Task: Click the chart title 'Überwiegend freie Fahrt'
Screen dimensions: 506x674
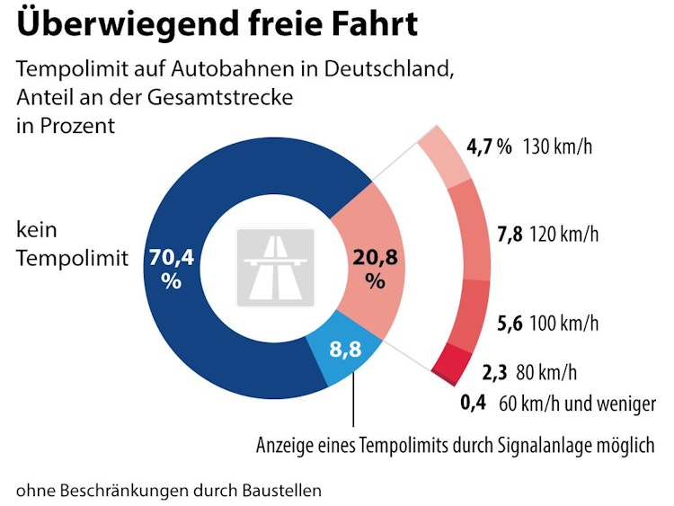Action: pos(217,24)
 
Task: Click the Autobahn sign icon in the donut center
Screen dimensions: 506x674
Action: pos(275,267)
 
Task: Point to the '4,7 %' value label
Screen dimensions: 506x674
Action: pos(489,146)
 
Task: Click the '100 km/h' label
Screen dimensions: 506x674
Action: pos(564,323)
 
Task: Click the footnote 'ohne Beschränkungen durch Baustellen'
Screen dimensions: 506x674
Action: pos(168,490)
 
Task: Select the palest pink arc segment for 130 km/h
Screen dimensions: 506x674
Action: pos(443,152)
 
